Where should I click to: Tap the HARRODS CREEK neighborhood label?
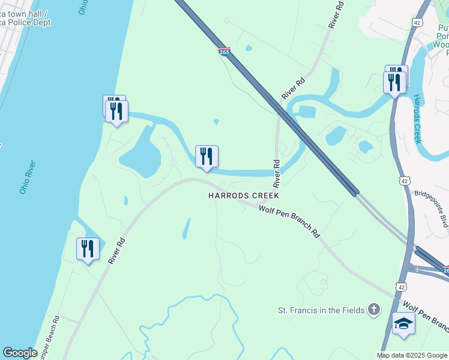[x=244, y=196]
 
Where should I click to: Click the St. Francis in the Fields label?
[x=321, y=310]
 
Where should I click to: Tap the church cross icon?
[x=373, y=310]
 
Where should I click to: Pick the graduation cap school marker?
[x=403, y=324]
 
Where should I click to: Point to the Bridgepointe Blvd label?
[x=432, y=209]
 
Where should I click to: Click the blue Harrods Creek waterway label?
[x=417, y=119]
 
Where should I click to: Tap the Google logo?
[x=20, y=353]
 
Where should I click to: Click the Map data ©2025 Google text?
[x=412, y=355]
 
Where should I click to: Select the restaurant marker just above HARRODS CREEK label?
[x=206, y=157]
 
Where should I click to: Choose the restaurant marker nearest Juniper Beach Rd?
[x=88, y=249]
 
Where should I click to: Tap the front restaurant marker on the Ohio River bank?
[x=116, y=111]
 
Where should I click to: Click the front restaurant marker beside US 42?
[x=394, y=83]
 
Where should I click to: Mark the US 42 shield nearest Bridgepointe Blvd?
[x=404, y=181]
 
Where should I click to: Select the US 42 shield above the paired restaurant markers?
[x=417, y=22]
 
